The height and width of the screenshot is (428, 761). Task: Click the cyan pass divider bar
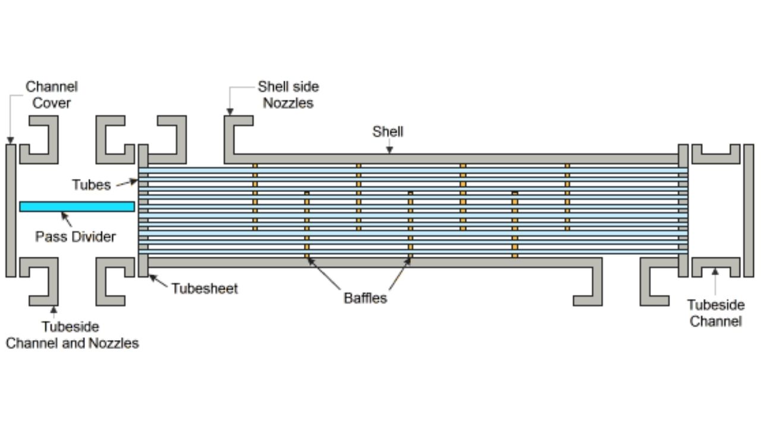(77, 206)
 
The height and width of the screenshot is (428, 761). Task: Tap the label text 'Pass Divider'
(76, 237)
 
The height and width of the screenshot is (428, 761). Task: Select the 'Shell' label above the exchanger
(388, 131)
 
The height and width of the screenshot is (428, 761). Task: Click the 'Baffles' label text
(365, 298)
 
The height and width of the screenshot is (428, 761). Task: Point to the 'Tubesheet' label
(205, 289)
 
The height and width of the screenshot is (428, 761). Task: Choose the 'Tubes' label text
(92, 185)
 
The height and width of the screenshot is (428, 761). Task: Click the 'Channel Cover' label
(52, 95)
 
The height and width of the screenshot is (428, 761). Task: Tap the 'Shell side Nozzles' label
(288, 95)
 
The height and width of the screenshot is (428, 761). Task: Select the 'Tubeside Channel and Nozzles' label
(72, 335)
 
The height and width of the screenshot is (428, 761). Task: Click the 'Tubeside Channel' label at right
(716, 313)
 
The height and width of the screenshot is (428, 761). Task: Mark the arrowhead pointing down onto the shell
(389, 150)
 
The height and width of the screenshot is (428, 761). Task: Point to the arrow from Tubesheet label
(158, 281)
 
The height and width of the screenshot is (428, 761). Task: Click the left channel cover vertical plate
(11, 210)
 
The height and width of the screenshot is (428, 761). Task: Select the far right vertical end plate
(749, 210)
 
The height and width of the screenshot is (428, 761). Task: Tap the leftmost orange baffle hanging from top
(255, 197)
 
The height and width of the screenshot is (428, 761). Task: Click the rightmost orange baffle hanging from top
(567, 197)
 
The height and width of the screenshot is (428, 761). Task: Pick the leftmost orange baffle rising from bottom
(307, 225)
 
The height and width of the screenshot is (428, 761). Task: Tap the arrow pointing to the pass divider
(67, 219)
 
